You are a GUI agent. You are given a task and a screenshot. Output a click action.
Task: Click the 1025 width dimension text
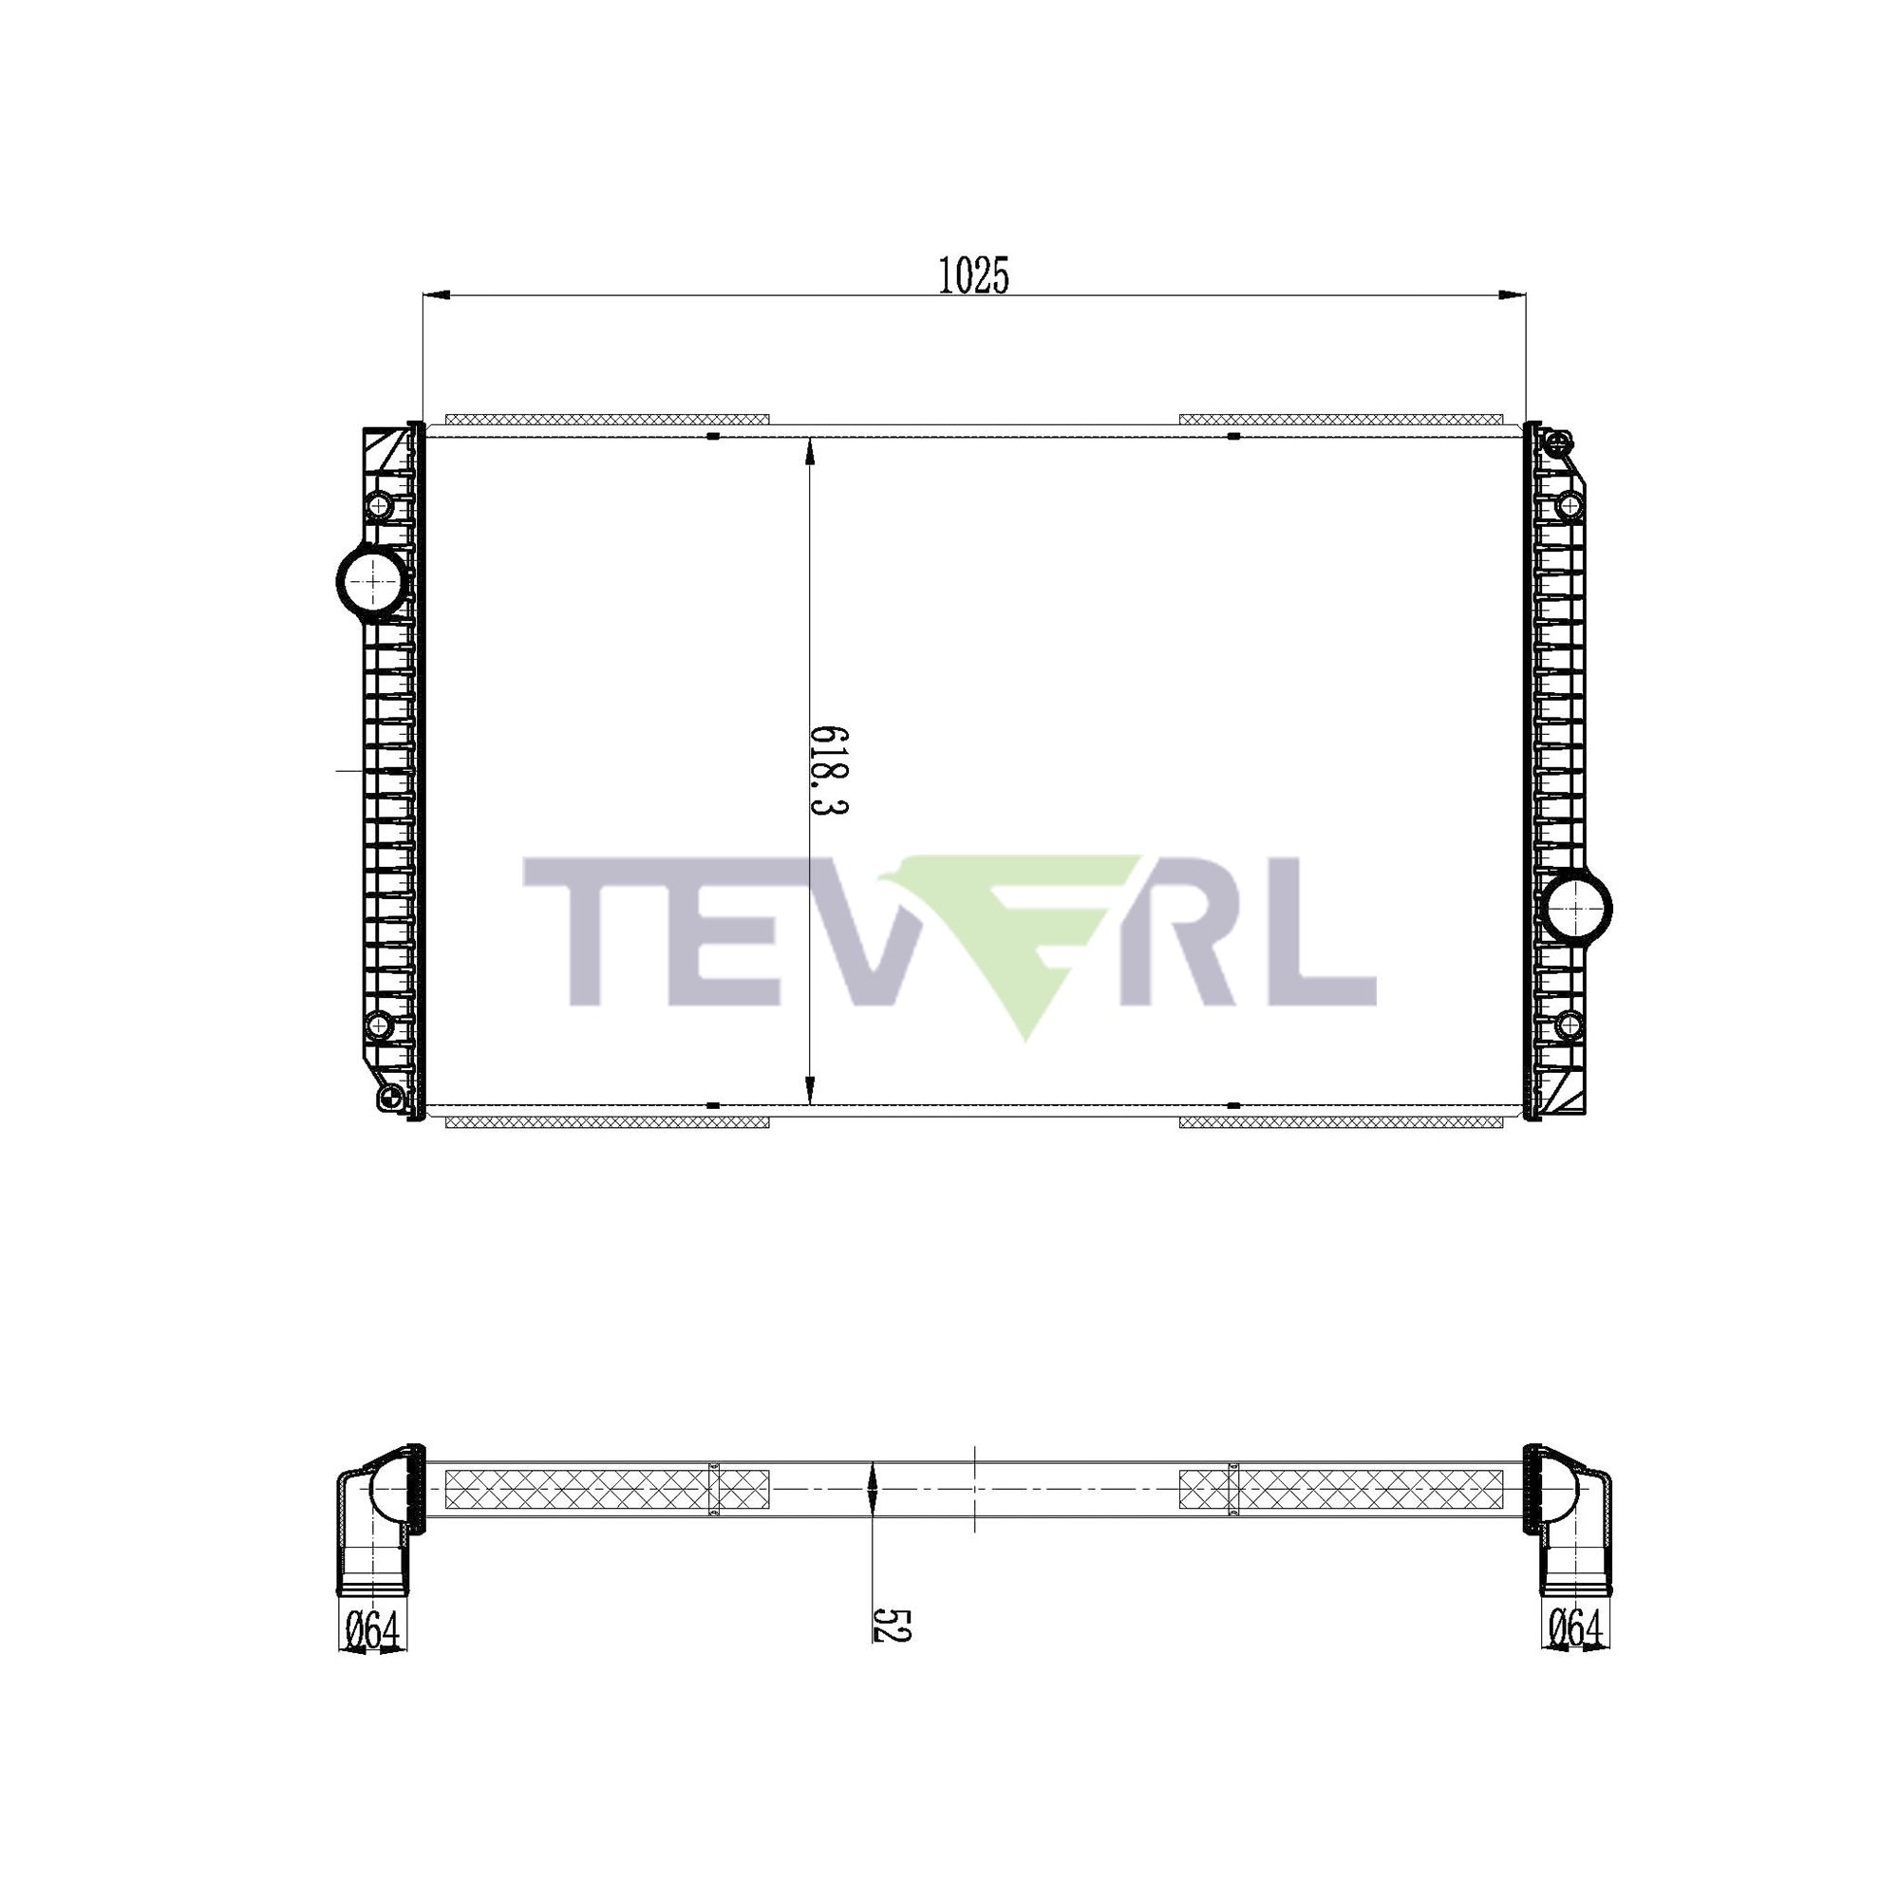coord(973,276)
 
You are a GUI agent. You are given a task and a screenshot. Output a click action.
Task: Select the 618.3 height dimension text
coord(828,772)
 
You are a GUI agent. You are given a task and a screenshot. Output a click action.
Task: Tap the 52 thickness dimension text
coord(892,1625)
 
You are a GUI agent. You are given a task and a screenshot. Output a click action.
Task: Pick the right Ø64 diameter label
coord(1575,1628)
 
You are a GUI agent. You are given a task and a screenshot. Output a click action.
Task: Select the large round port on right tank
coord(1576,907)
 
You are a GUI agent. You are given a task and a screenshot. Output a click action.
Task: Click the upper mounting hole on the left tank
coord(379,506)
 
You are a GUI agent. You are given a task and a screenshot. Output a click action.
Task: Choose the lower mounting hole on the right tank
coord(1570,1025)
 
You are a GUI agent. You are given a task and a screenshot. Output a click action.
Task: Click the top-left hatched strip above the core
coord(607,420)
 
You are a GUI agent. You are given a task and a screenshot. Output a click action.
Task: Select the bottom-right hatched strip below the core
coord(1341,1121)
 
